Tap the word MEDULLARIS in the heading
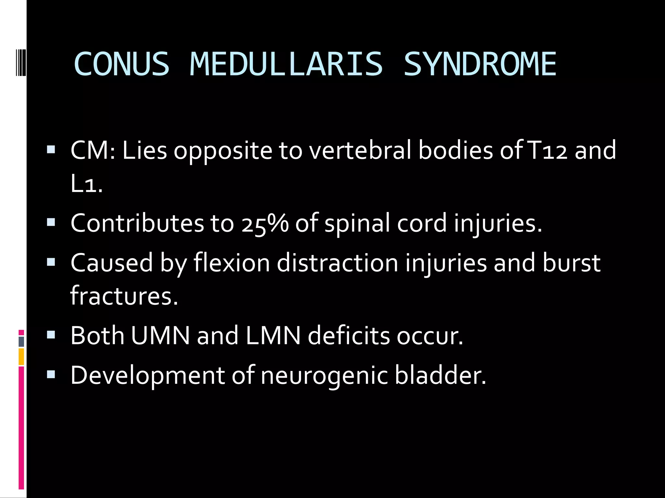pyautogui.click(x=286, y=64)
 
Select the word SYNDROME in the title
pyautogui.click(x=480, y=64)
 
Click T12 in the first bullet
pyautogui.click(x=547, y=150)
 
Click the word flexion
pyautogui.click(x=232, y=263)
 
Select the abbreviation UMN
pyautogui.click(x=160, y=336)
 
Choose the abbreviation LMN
pyautogui.click(x=273, y=336)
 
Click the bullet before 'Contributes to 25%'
pyautogui.click(x=51, y=222)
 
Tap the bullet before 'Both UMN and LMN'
pyautogui.click(x=51, y=334)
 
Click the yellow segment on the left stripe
pyautogui.click(x=21, y=357)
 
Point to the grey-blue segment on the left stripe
pyautogui.click(x=21, y=342)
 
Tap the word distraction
pyautogui.click(x=337, y=263)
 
